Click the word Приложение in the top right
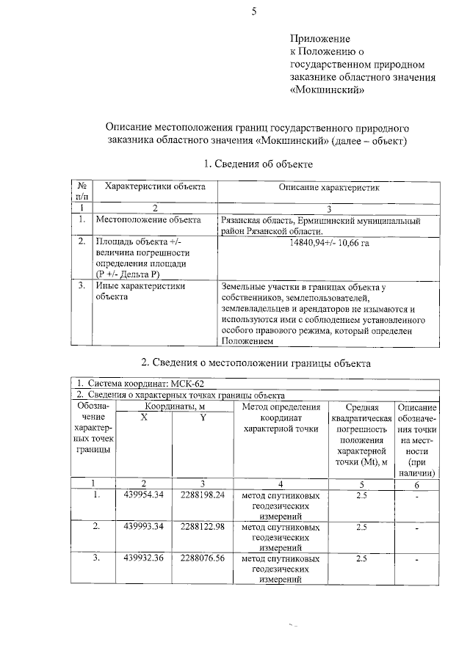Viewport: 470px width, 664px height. tap(321, 38)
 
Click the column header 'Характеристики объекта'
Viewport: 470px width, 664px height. tap(155, 188)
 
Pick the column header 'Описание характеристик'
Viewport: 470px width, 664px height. tap(328, 188)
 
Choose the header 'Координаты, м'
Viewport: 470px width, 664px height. tap(174, 406)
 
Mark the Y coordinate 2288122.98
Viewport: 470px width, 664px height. tap(202, 527)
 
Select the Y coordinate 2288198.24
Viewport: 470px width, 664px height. tap(202, 495)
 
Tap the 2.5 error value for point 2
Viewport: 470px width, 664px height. tap(361, 527)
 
